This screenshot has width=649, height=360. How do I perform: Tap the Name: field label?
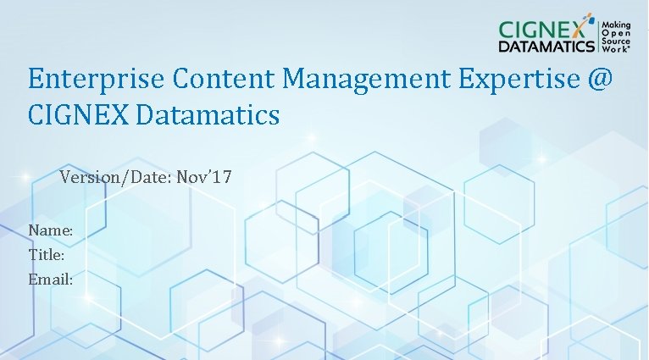point(50,230)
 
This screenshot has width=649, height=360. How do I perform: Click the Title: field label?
point(47,254)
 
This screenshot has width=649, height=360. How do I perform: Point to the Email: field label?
point(50,278)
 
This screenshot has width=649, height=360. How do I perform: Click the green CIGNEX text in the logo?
point(538,28)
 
